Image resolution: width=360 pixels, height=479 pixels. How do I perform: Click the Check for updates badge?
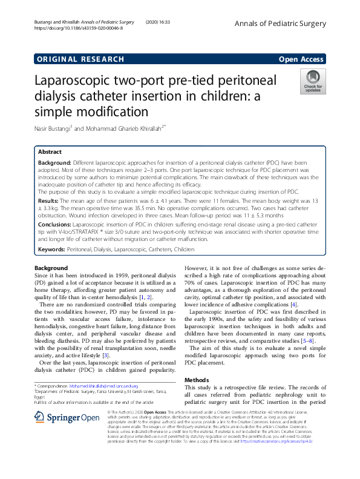pos(313,82)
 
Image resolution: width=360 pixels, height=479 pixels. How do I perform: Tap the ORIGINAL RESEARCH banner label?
pos(80,59)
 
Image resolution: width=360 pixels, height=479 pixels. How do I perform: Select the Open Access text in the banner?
pos(302,59)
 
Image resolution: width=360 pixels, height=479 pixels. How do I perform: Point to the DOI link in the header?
pos(78,28)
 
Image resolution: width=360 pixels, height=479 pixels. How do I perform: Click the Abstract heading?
pos(50,153)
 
